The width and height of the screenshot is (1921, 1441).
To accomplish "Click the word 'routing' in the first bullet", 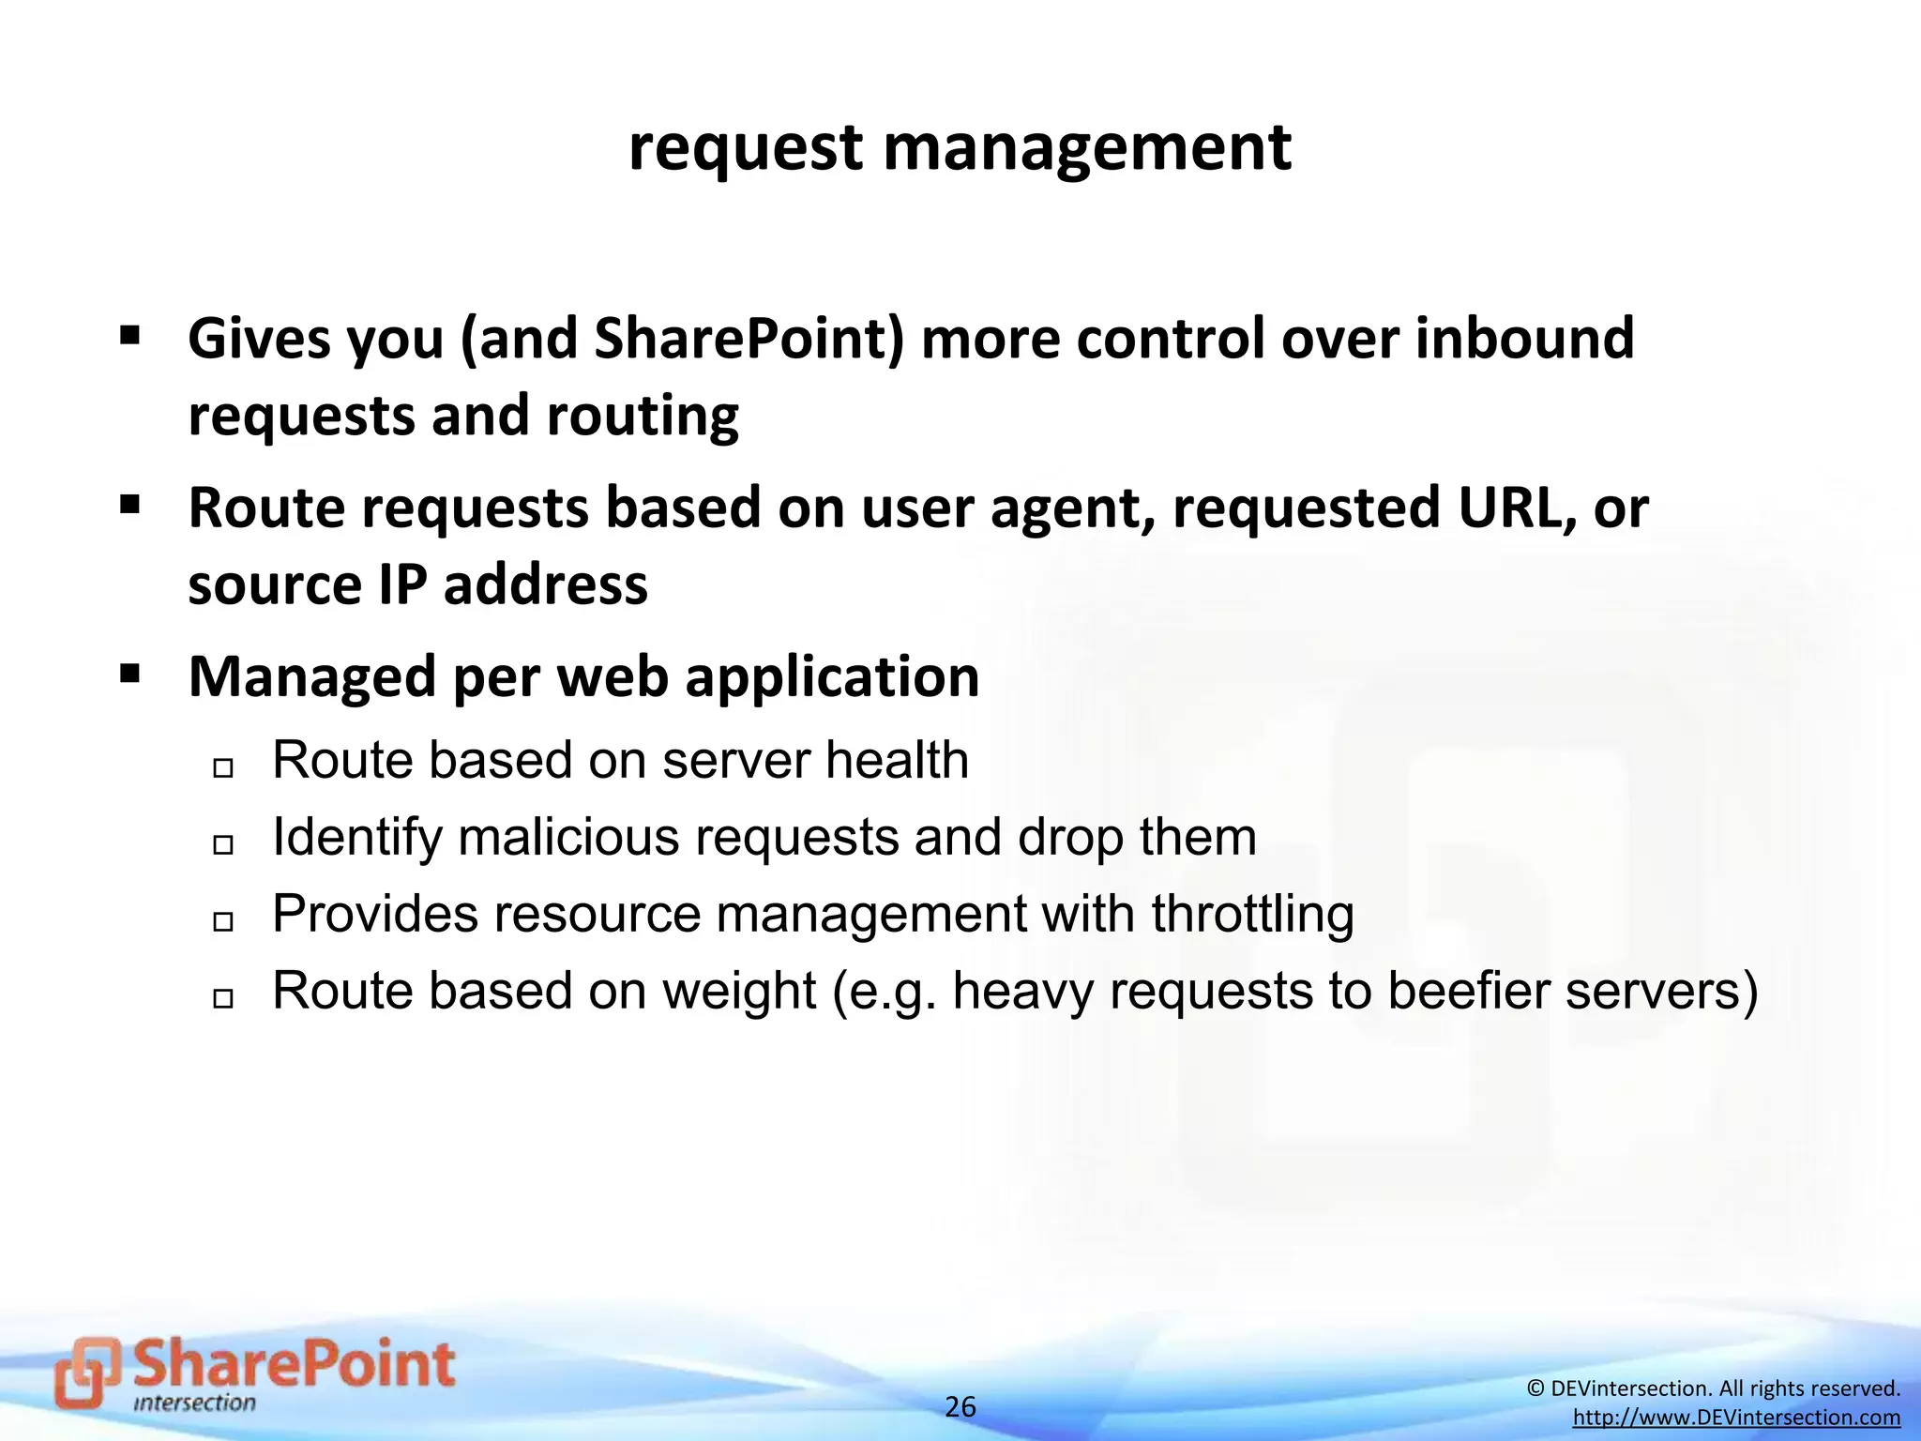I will click(643, 416).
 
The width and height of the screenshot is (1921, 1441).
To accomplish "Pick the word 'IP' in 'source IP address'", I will click(402, 584).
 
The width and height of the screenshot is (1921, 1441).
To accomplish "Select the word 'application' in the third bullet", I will click(832, 677).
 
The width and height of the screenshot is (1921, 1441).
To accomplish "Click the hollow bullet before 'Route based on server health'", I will click(222, 768).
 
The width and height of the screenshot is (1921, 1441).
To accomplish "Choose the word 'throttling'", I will click(1252, 914).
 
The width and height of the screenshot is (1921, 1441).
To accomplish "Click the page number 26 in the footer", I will click(960, 1406).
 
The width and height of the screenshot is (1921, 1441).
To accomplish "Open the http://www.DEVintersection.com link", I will click(1736, 1418).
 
